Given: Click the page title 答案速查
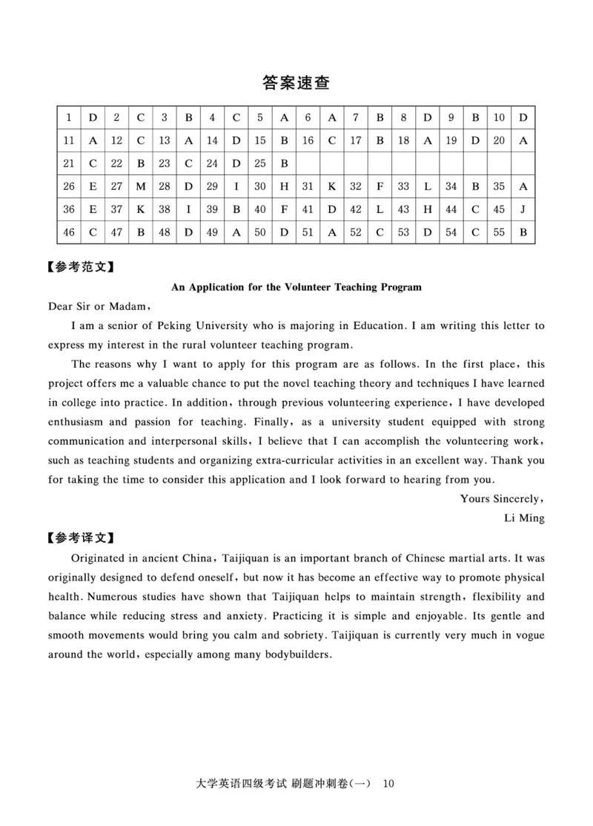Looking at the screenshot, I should [296, 82].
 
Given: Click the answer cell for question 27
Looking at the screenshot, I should [141, 187].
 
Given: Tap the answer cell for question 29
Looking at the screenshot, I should [236, 187].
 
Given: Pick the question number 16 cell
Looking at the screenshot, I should [308, 140].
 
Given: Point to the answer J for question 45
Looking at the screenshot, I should [523, 210].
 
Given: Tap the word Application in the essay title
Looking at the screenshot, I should [219, 286].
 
